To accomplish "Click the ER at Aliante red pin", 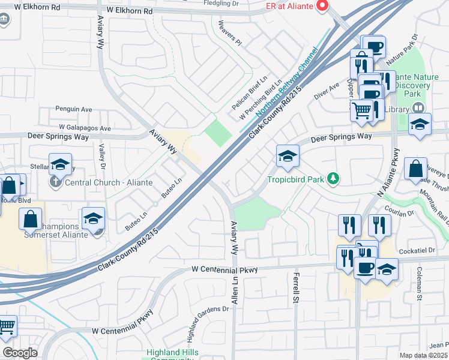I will (x=322, y=6).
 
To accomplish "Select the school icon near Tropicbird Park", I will (x=288, y=157).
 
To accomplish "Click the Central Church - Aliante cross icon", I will (x=55, y=182).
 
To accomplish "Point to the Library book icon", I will (x=418, y=109).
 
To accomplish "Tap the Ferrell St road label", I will (x=296, y=288).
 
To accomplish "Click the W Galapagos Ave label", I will (x=85, y=128).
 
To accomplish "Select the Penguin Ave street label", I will (x=73, y=110).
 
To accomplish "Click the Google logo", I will (x=20, y=353).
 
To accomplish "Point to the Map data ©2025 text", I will (x=424, y=355).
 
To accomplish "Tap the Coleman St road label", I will (x=420, y=284).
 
